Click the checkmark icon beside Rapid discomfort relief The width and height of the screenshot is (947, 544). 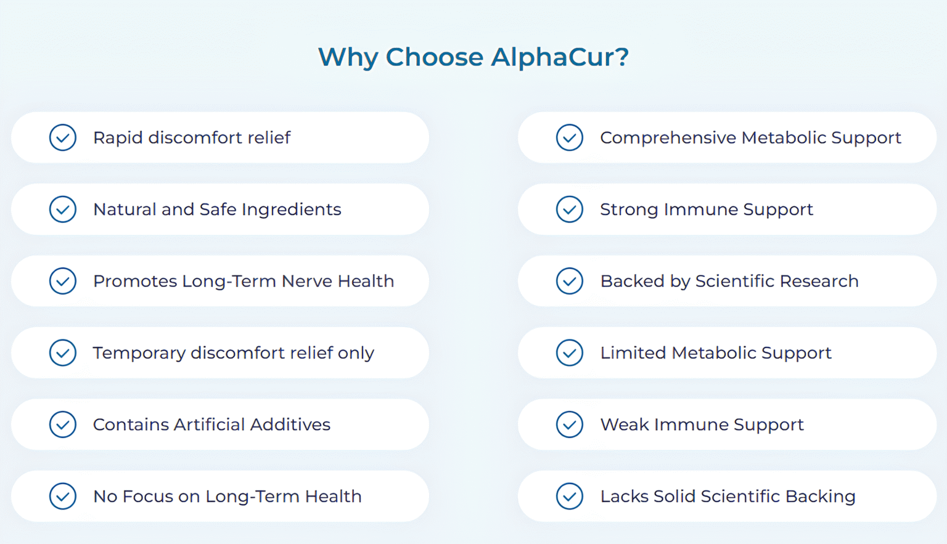tap(62, 137)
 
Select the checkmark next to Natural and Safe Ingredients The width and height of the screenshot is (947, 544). tap(62, 209)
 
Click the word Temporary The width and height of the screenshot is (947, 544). tap(139, 353)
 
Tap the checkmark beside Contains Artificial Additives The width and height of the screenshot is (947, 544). tap(62, 424)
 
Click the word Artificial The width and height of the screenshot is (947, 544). tap(209, 424)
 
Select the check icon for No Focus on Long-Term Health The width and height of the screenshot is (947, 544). tap(62, 497)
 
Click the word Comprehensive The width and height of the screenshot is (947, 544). tap(668, 138)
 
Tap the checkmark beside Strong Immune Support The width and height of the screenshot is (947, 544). tap(570, 209)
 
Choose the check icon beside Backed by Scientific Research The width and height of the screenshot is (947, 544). tap(570, 281)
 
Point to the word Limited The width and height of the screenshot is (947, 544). tap(633, 352)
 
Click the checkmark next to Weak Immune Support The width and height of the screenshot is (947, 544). tap(570, 424)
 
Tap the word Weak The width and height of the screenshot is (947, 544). tap(625, 424)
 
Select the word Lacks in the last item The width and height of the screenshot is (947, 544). tap(625, 497)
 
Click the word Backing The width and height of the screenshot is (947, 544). tap(821, 497)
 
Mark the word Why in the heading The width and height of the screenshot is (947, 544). tap(348, 58)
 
